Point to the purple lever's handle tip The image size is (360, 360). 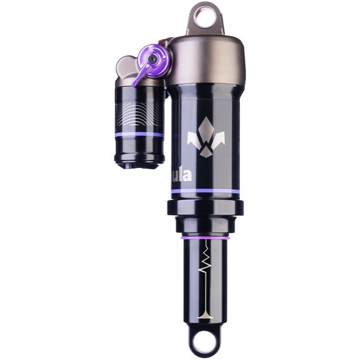136,83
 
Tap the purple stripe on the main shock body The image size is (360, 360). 205,191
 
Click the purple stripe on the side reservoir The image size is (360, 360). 140,134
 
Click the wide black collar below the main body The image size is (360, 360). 205,208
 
